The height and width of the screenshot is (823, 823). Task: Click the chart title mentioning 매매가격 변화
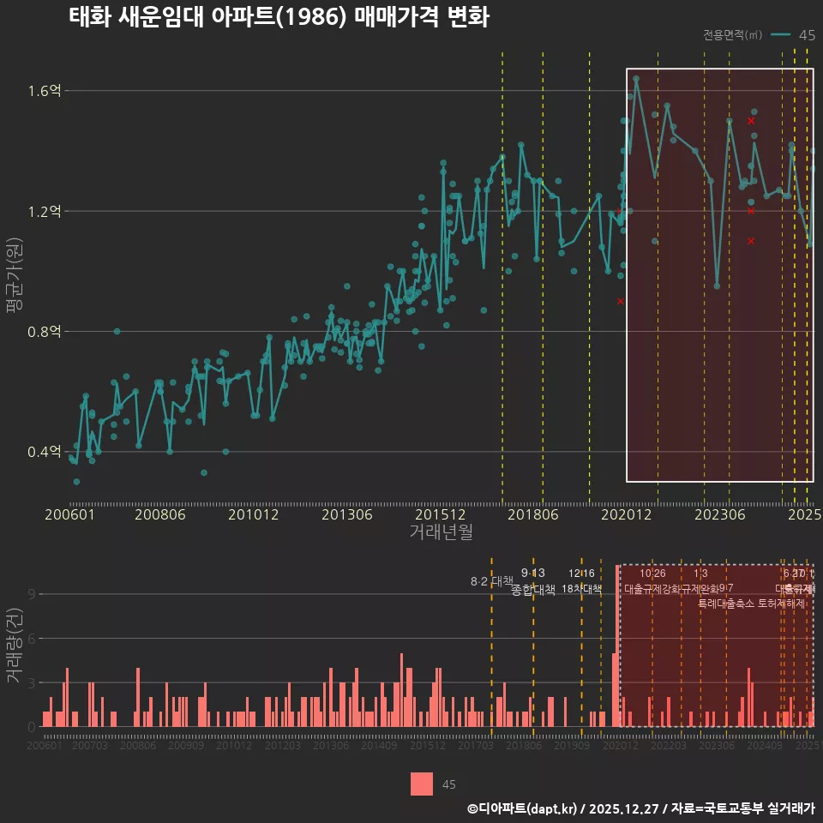coord(279,17)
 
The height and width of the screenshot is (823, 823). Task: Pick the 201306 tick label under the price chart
coord(346,515)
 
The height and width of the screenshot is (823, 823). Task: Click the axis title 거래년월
coord(441,532)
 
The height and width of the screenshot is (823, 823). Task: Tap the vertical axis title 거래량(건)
coord(14,646)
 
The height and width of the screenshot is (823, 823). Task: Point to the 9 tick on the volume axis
coord(31,594)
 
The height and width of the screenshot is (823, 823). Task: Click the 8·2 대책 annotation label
coord(491,581)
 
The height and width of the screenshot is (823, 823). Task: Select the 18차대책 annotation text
coord(581,589)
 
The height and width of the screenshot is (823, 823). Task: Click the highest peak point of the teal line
coord(636,78)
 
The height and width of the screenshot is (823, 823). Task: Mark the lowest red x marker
coord(621,301)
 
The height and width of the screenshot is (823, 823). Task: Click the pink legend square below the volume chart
coord(422,784)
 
